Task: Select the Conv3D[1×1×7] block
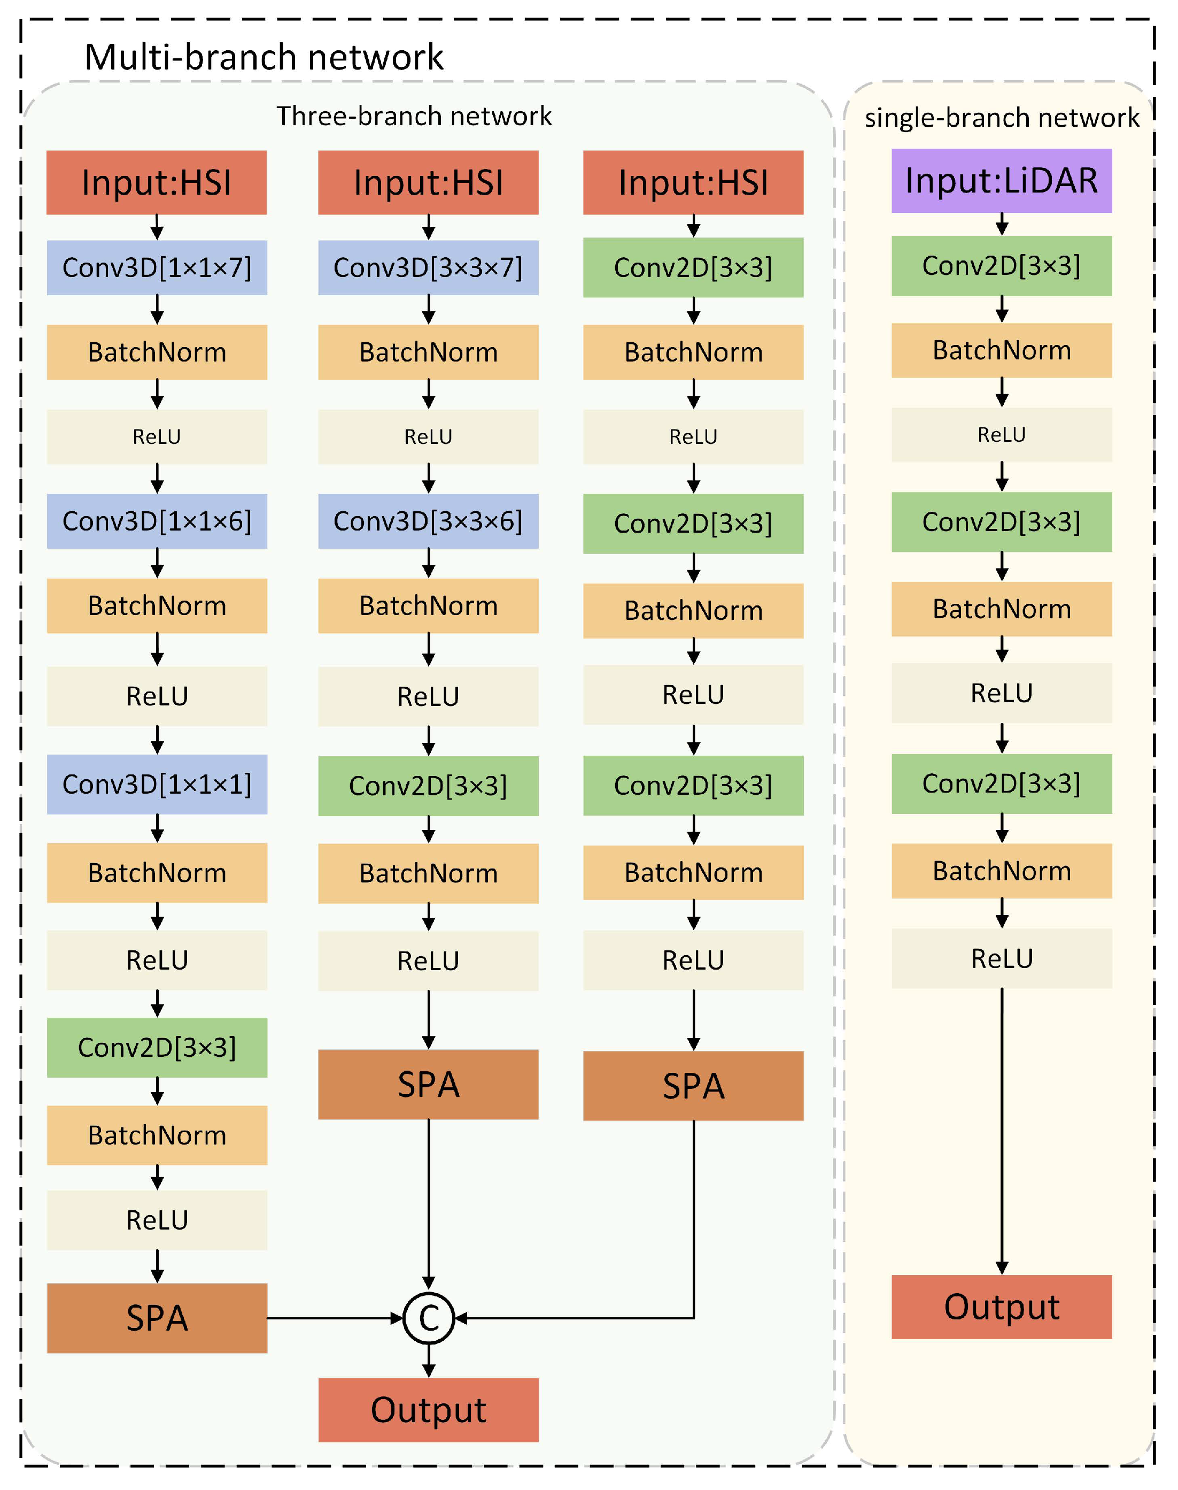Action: tap(157, 268)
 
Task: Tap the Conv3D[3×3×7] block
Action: tap(428, 268)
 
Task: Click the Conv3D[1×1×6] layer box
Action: tap(157, 521)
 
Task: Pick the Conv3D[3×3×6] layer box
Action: tap(428, 521)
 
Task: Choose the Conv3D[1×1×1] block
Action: tap(157, 784)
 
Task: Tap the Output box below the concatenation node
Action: tap(428, 1410)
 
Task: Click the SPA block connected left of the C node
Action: tap(157, 1318)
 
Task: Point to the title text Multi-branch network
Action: tap(263, 57)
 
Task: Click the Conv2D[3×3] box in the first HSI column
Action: tap(157, 1048)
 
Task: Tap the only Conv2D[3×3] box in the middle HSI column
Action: tap(428, 786)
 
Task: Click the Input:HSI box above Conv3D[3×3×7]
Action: tap(428, 183)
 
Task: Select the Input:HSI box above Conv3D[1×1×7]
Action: tap(157, 183)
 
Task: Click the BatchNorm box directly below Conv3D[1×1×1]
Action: tap(157, 873)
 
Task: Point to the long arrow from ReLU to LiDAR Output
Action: tap(1002, 1132)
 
